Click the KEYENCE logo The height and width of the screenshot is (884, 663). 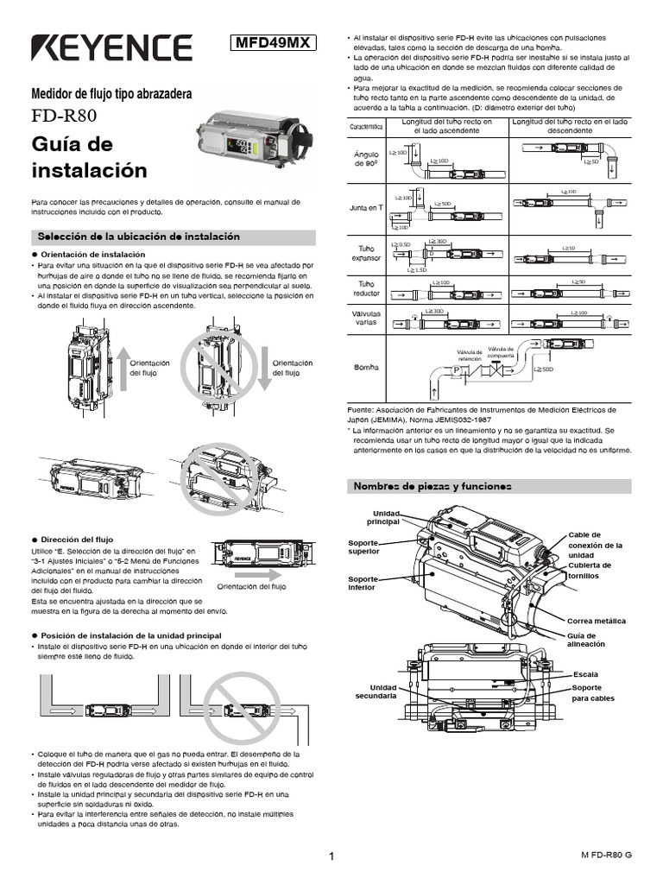tap(111, 47)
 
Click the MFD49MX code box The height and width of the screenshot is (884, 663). tap(275, 42)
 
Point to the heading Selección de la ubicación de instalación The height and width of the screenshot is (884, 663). tap(136, 237)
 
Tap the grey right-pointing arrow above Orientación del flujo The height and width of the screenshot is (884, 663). tap(256, 573)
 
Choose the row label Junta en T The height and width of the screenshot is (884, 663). tap(367, 208)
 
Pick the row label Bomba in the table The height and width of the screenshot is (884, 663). tap(367, 367)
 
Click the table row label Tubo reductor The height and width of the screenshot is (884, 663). tap(367, 288)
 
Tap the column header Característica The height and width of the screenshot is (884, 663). tap(367, 127)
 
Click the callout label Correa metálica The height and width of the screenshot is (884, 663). tap(596, 621)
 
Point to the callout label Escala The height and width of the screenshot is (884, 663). tap(585, 673)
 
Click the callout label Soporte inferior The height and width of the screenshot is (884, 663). tap(363, 584)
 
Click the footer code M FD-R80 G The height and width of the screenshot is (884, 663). tap(606, 854)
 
